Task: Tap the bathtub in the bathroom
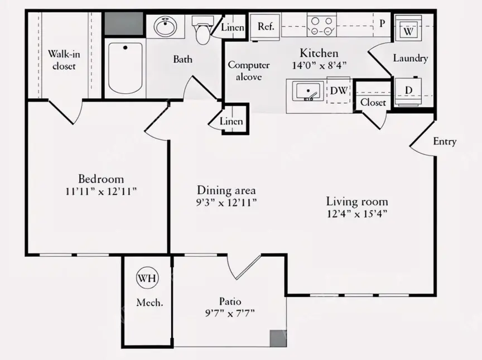[x=126, y=68]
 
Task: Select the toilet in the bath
[x=203, y=30]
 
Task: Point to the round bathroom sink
[x=165, y=26]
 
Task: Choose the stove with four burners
[x=321, y=25]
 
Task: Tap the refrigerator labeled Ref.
[x=266, y=27]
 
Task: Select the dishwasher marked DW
[x=339, y=90]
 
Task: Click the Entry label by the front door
[x=445, y=141]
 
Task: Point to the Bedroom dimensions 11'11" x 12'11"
[x=101, y=191]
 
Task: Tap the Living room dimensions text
[x=356, y=213]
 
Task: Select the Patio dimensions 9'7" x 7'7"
[x=230, y=313]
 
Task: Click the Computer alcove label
[x=249, y=71]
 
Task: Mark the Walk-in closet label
[x=64, y=60]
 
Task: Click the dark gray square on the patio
[x=278, y=338]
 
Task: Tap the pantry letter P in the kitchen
[x=382, y=23]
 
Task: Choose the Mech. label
[x=150, y=303]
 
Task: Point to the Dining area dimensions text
[x=226, y=203]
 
